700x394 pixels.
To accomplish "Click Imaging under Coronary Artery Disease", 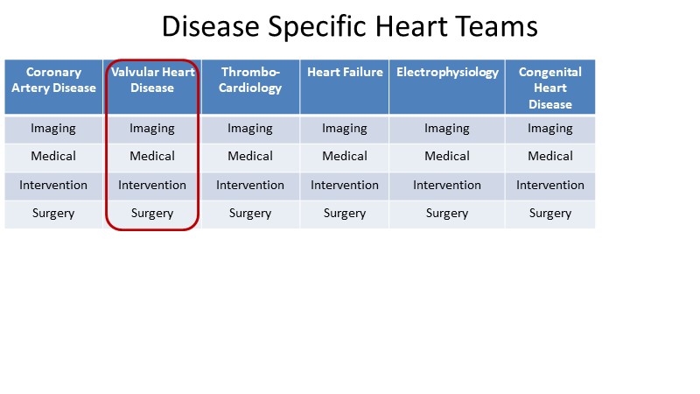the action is coord(53,129).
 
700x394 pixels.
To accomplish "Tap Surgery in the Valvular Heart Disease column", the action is coord(152,214).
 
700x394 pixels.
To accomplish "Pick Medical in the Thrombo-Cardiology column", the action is coord(250,156).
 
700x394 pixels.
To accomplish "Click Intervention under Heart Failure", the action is coord(345,185).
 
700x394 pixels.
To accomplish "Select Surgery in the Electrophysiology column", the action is coord(447,214).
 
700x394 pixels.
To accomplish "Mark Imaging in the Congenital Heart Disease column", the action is coord(550,129).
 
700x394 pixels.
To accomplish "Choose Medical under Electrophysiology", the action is coord(447,156).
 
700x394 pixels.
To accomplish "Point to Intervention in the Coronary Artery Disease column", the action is coord(53,185).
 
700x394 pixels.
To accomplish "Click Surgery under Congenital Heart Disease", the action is coord(550,214).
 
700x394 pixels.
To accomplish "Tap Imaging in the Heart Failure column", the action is coord(345,129).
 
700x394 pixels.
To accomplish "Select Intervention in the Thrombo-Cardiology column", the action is coord(250,185).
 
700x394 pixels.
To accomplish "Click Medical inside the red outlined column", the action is coord(152,156).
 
